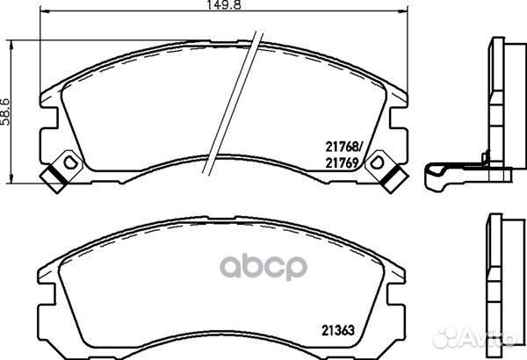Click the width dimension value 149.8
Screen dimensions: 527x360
[223, 4]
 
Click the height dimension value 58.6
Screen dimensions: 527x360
[5, 112]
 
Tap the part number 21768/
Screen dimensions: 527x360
[344, 147]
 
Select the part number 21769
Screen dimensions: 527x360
[341, 163]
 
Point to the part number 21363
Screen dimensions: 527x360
[338, 331]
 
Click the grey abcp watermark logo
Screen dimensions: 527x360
[263, 267]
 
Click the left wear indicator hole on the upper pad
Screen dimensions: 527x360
[70, 163]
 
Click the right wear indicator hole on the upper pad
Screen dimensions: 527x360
[377, 163]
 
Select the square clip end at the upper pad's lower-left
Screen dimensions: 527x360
[54, 180]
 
